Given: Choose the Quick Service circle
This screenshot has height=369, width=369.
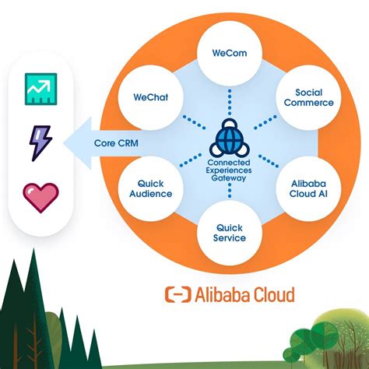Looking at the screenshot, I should [230, 231].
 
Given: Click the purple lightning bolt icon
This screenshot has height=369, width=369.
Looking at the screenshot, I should [38, 143].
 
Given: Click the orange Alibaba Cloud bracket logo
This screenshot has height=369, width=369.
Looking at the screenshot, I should [177, 294].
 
